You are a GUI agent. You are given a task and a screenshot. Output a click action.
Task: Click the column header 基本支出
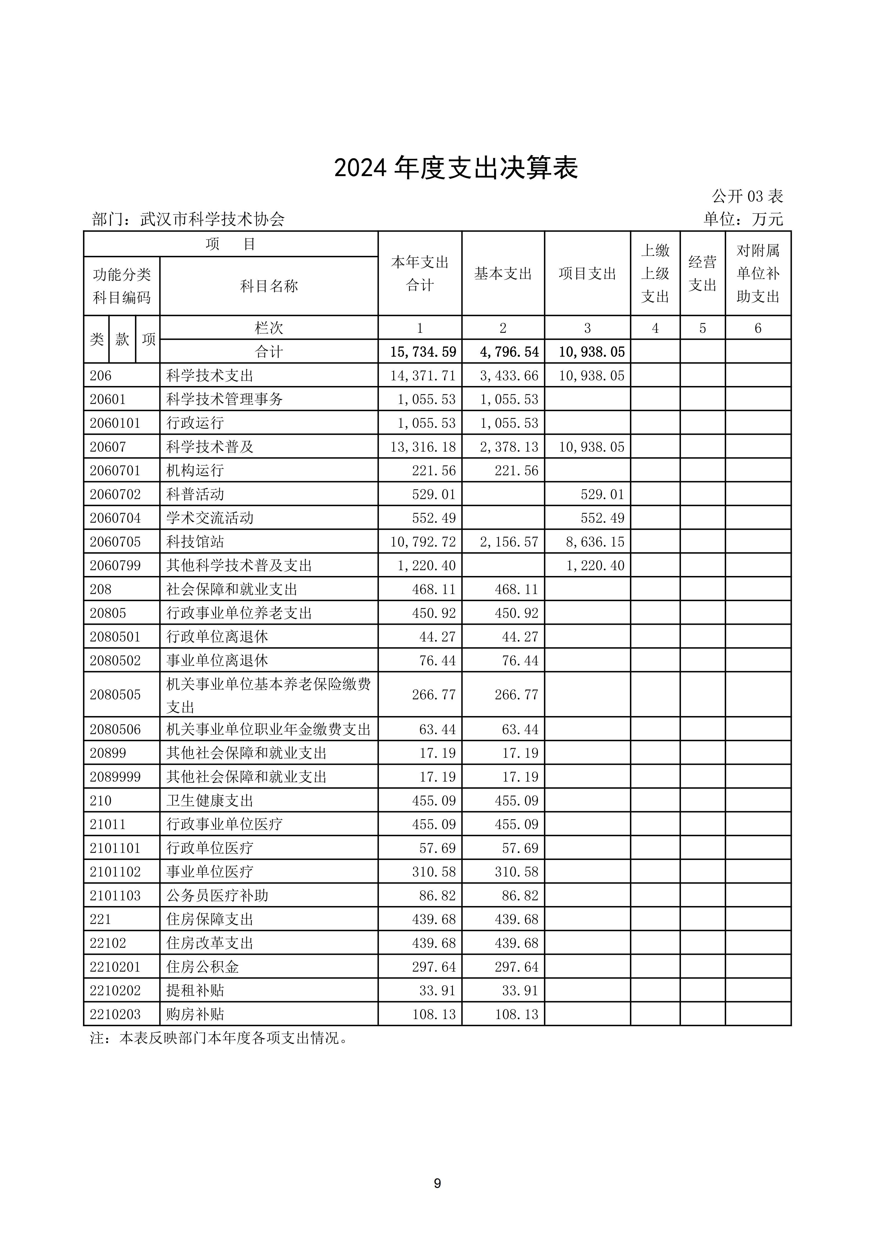click(503, 274)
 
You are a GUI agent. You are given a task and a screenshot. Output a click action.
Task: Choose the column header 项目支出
click(587, 274)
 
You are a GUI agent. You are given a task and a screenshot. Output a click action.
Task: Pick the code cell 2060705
click(115, 542)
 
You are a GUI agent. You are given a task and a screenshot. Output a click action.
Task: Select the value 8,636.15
click(595, 542)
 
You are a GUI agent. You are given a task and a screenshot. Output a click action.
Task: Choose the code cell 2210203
click(115, 1014)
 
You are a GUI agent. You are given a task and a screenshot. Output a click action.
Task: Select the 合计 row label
click(269, 352)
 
